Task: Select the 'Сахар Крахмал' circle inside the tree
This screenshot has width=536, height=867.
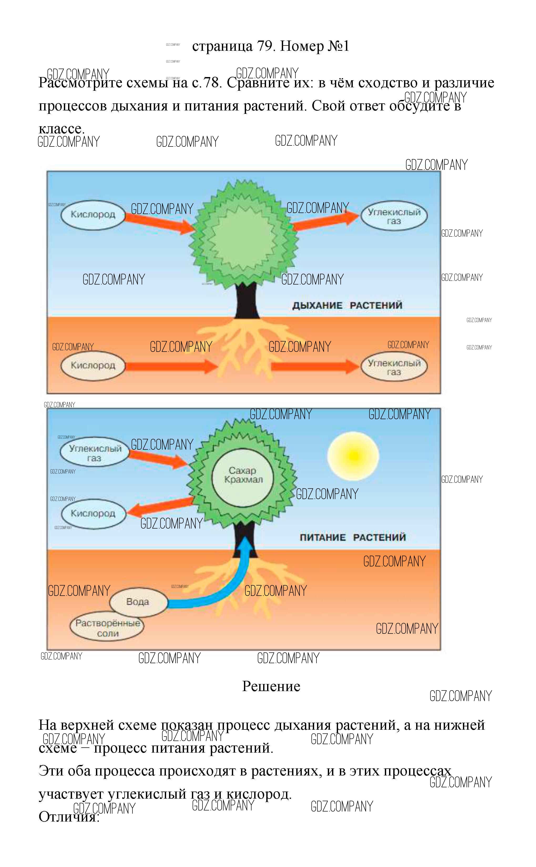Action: coord(243,475)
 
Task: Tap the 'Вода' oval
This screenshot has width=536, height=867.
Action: coord(138,602)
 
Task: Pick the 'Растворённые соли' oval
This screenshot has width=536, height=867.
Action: coord(108,628)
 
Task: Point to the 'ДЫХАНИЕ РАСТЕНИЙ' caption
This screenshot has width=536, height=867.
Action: coord(347,305)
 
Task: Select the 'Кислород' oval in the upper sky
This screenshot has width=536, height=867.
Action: coord(93,215)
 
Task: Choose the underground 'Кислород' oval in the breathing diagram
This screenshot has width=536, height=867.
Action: coord(93,366)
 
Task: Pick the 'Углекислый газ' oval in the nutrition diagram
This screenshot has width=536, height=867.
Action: coord(95,453)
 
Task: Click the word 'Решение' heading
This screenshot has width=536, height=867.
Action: coord(271,687)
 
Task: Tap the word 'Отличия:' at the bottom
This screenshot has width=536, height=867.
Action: coord(69,817)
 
